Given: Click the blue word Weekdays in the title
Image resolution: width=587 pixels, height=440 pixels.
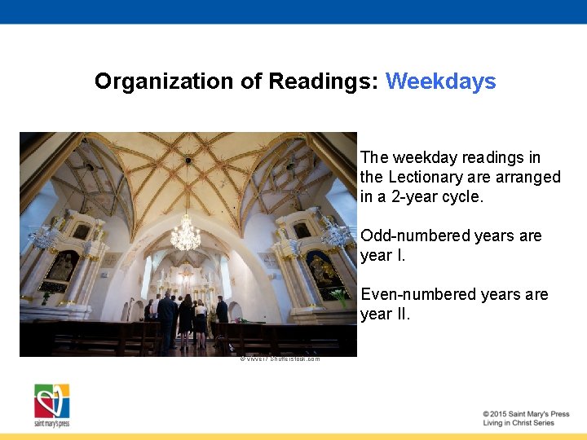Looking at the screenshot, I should click(x=440, y=81).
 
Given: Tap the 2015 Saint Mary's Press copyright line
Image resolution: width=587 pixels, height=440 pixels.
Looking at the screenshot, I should click(x=525, y=414).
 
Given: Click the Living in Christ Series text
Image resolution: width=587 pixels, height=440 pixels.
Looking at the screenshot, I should click(x=518, y=423).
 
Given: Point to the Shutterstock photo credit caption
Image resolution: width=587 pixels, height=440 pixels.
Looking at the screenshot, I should click(x=280, y=359).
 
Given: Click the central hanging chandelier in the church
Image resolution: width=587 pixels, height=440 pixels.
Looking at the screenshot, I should click(x=185, y=235).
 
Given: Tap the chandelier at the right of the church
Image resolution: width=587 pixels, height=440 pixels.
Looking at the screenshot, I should click(x=335, y=234).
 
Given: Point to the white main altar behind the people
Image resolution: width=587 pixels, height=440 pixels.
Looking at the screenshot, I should click(x=188, y=285).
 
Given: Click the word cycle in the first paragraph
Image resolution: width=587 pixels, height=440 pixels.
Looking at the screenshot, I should click(x=461, y=196).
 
